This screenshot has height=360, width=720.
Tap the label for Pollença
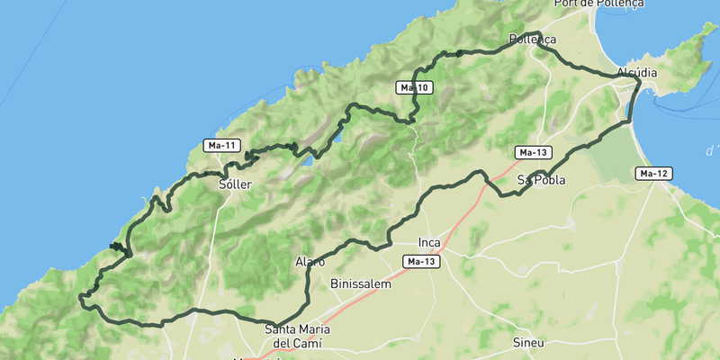(533, 40)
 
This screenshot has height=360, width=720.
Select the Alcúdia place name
(637, 72)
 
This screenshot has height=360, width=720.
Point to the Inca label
(429, 242)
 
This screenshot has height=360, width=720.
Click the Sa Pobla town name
(541, 180)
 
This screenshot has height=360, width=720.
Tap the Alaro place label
(310, 262)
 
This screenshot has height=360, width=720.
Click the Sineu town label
(528, 343)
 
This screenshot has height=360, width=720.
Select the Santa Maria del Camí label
(297, 336)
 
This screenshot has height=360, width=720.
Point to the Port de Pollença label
(599, 4)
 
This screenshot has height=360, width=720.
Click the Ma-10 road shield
(414, 87)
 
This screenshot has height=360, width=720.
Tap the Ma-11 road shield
(221, 145)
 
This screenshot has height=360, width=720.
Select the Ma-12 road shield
(654, 173)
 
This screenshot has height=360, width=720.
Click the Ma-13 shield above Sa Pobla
(533, 152)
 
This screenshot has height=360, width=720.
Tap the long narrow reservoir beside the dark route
(338, 135)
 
